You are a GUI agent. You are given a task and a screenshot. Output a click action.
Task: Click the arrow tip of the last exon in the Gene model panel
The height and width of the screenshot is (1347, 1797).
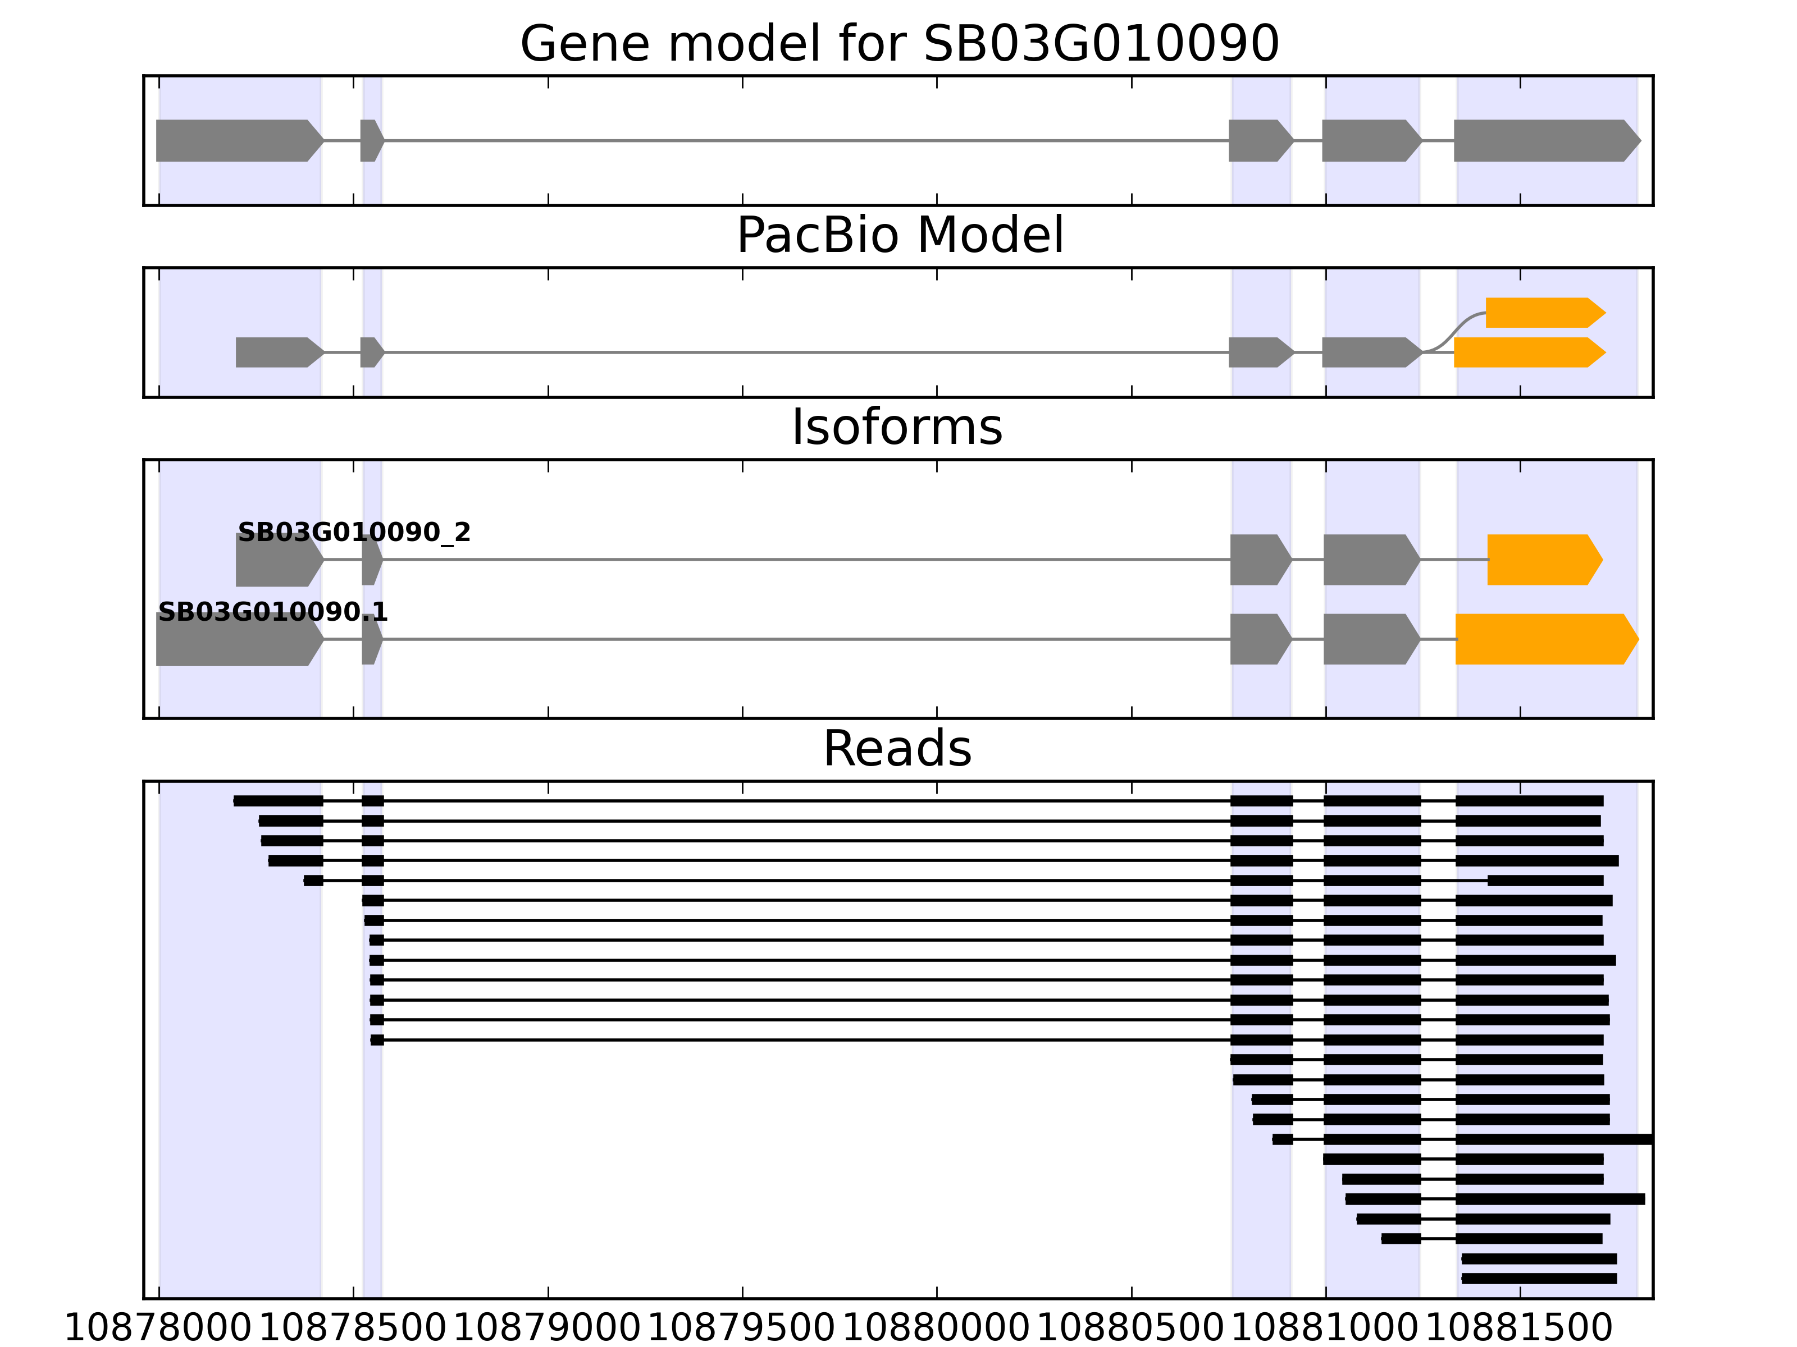click(1640, 140)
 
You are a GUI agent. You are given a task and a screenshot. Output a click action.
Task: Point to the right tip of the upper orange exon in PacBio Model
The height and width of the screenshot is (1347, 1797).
click(1606, 313)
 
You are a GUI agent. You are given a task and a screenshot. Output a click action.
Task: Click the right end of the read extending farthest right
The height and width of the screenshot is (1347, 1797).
click(1652, 1139)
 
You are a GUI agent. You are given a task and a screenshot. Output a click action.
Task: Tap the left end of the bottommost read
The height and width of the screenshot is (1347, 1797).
click(1462, 1279)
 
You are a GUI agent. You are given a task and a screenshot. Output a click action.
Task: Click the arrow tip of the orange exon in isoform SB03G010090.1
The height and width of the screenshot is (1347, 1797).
click(1639, 639)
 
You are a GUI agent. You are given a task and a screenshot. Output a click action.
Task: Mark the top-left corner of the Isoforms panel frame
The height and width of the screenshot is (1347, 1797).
click(144, 460)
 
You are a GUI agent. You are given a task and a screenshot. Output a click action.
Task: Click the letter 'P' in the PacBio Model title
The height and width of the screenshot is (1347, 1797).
click(751, 236)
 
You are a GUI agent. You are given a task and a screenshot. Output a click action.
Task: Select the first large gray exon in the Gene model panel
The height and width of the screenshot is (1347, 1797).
click(240, 140)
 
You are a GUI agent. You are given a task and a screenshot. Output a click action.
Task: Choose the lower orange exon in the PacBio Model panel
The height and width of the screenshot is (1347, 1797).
click(1530, 352)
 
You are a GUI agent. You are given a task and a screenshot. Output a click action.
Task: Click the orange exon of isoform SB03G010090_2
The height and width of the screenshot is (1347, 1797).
click(1544, 560)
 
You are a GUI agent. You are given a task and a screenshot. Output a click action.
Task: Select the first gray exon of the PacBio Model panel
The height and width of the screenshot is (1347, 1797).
click(280, 352)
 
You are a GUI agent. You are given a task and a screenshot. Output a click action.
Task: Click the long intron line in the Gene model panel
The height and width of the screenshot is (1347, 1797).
click(806, 140)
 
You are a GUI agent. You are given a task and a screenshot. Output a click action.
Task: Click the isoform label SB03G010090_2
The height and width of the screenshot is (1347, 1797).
click(354, 533)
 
